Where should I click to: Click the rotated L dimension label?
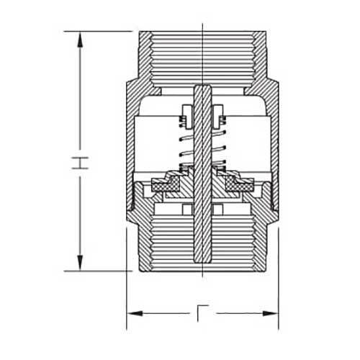tap(203, 314)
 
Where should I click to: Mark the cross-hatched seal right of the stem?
tap(234, 186)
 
